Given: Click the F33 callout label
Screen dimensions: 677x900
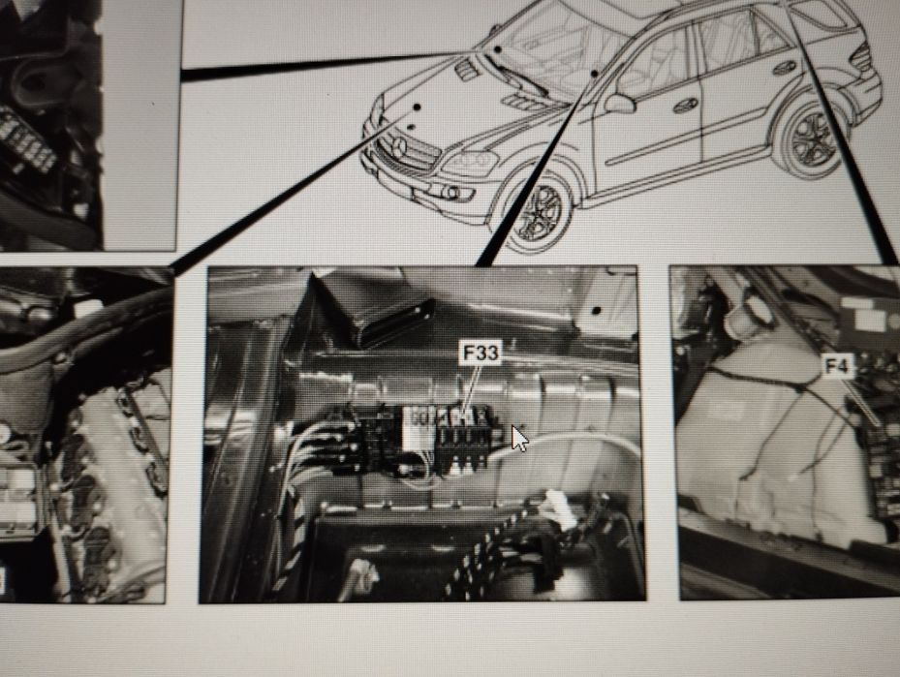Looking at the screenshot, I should [480, 354].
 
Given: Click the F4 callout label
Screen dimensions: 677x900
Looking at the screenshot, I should [837, 366].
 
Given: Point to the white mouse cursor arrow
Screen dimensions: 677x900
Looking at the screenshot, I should [518, 438].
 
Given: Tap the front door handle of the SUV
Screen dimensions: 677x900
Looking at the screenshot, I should [686, 105].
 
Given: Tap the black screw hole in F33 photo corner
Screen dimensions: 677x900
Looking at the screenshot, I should [598, 310].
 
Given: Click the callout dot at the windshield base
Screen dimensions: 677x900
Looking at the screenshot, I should [496, 47].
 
